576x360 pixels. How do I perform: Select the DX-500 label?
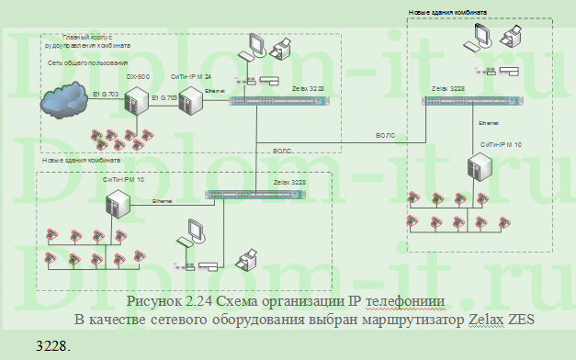[x=139, y=76]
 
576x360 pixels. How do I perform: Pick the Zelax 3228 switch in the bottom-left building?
[x=247, y=195]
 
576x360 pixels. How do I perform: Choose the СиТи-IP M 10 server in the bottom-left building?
[x=119, y=210]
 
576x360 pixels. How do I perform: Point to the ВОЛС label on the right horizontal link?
[x=385, y=135]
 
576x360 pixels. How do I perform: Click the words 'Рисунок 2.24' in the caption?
[x=170, y=300]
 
